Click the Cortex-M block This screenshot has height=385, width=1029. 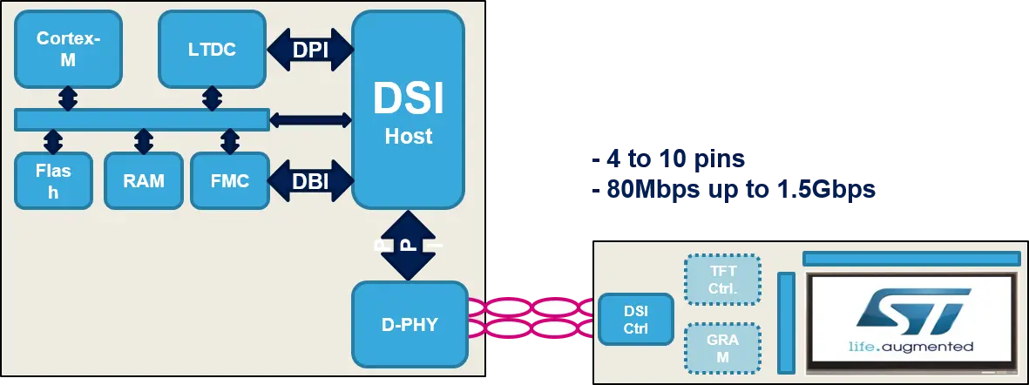68,49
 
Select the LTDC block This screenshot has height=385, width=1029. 212,49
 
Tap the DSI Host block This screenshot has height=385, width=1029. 408,109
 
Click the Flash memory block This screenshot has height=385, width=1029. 53,180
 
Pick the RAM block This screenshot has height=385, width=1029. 143,180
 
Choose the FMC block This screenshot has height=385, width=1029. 230,180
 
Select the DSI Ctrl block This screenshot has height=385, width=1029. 636,320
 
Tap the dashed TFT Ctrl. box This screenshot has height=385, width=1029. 723,279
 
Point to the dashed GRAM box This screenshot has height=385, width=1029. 723,349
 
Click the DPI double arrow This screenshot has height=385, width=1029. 310,50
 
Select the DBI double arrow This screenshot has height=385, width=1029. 310,181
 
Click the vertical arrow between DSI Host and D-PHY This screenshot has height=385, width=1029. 408,245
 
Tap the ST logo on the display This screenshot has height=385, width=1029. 911,310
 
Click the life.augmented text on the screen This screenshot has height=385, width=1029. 911,347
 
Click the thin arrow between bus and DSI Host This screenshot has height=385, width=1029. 310,120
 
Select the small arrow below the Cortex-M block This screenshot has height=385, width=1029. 68,98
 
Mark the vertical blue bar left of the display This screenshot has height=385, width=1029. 786,322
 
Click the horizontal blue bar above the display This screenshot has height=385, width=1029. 911,258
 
